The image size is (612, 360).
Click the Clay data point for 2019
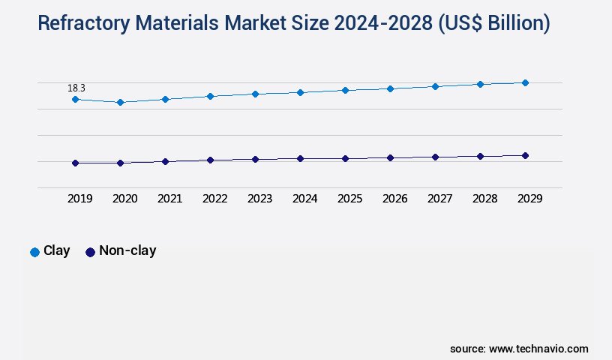tap(75, 99)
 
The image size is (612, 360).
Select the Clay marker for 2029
tap(525, 82)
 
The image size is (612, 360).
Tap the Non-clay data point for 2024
tap(300, 158)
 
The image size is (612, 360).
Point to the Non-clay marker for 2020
tap(120, 163)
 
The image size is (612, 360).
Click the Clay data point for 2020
tap(120, 102)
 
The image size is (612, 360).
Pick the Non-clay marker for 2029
tap(525, 155)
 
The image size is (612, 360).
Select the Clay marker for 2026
tap(390, 88)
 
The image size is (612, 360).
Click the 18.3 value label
tap(76, 88)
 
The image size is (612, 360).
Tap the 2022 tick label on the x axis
tap(214, 199)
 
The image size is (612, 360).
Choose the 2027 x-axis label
tap(439, 199)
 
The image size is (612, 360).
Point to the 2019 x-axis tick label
tap(79, 199)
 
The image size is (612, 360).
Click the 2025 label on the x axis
tap(349, 199)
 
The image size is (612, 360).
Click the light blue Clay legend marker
tap(34, 252)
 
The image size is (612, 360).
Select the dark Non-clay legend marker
tap(90, 252)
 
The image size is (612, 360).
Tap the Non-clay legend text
tap(127, 251)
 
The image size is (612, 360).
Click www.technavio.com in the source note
tap(538, 349)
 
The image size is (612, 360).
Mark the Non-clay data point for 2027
tap(435, 157)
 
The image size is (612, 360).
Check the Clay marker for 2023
tap(255, 94)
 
